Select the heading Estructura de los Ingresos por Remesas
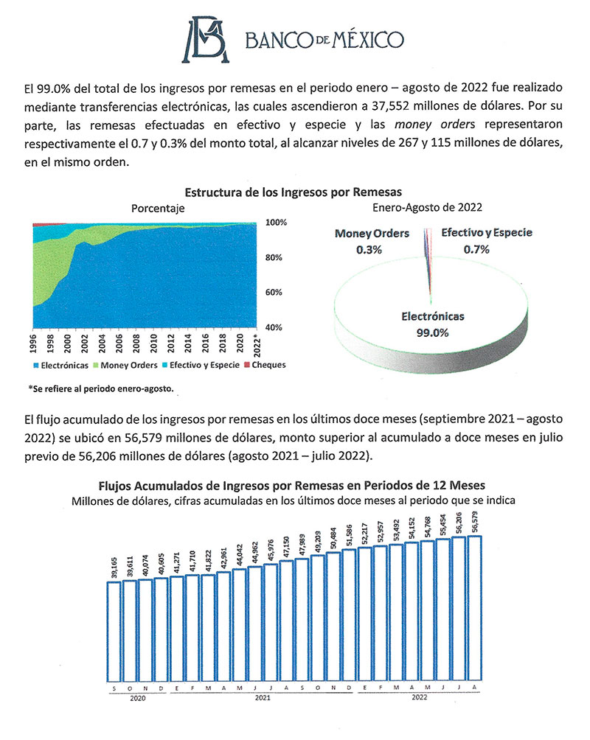point(294,194)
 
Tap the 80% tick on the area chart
point(274,258)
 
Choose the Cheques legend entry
point(266,365)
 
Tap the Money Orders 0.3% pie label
point(372,241)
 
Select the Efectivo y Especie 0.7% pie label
point(487,241)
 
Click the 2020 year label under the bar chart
point(138,696)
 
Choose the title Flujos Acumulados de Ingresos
point(293,486)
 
